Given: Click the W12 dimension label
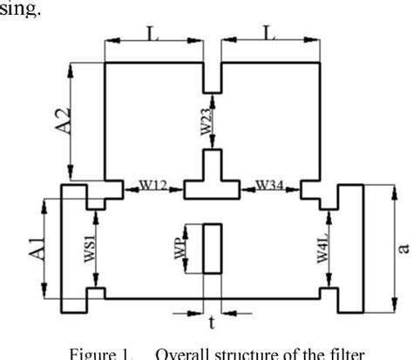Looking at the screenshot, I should tap(156, 185).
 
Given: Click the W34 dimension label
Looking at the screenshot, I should tap(270, 185).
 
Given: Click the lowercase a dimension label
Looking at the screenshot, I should tap(403, 248).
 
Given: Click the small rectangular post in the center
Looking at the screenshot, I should tap(212, 248).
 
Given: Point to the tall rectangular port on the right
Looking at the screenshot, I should tap(350, 248).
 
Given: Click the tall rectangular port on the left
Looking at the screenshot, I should tap(72, 248).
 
